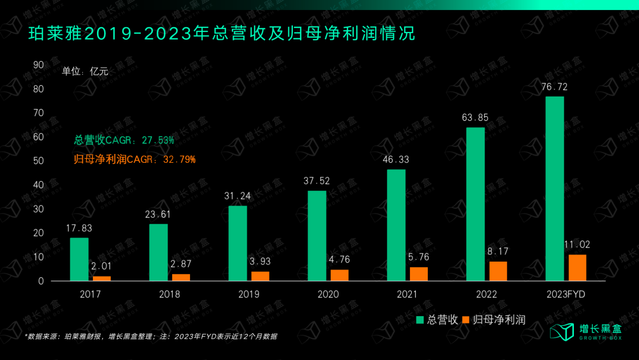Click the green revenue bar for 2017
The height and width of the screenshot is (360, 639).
click(x=79, y=259)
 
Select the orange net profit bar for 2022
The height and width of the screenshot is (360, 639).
click(x=498, y=271)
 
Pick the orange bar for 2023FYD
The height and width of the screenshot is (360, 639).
click(x=577, y=268)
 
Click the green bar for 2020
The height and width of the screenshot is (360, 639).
click(x=317, y=236)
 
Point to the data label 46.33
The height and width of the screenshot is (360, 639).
click(x=396, y=160)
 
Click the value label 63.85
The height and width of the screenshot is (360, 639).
click(x=475, y=117)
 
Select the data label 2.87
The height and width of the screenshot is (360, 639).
click(x=181, y=264)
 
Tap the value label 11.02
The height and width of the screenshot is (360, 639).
click(x=577, y=245)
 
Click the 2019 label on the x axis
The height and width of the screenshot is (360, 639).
click(x=248, y=294)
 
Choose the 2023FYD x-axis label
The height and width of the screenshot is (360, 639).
click(x=566, y=294)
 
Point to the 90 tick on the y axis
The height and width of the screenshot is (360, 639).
click(x=38, y=65)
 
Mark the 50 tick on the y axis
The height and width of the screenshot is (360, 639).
click(x=38, y=161)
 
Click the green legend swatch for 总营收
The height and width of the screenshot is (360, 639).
click(x=420, y=320)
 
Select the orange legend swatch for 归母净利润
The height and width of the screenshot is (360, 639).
click(x=466, y=320)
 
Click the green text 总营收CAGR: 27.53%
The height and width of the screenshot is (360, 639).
click(x=124, y=140)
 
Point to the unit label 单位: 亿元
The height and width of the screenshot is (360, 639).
click(x=85, y=72)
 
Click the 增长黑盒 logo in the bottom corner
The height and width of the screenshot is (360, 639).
click(x=585, y=332)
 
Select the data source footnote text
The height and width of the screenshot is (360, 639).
click(x=151, y=336)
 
